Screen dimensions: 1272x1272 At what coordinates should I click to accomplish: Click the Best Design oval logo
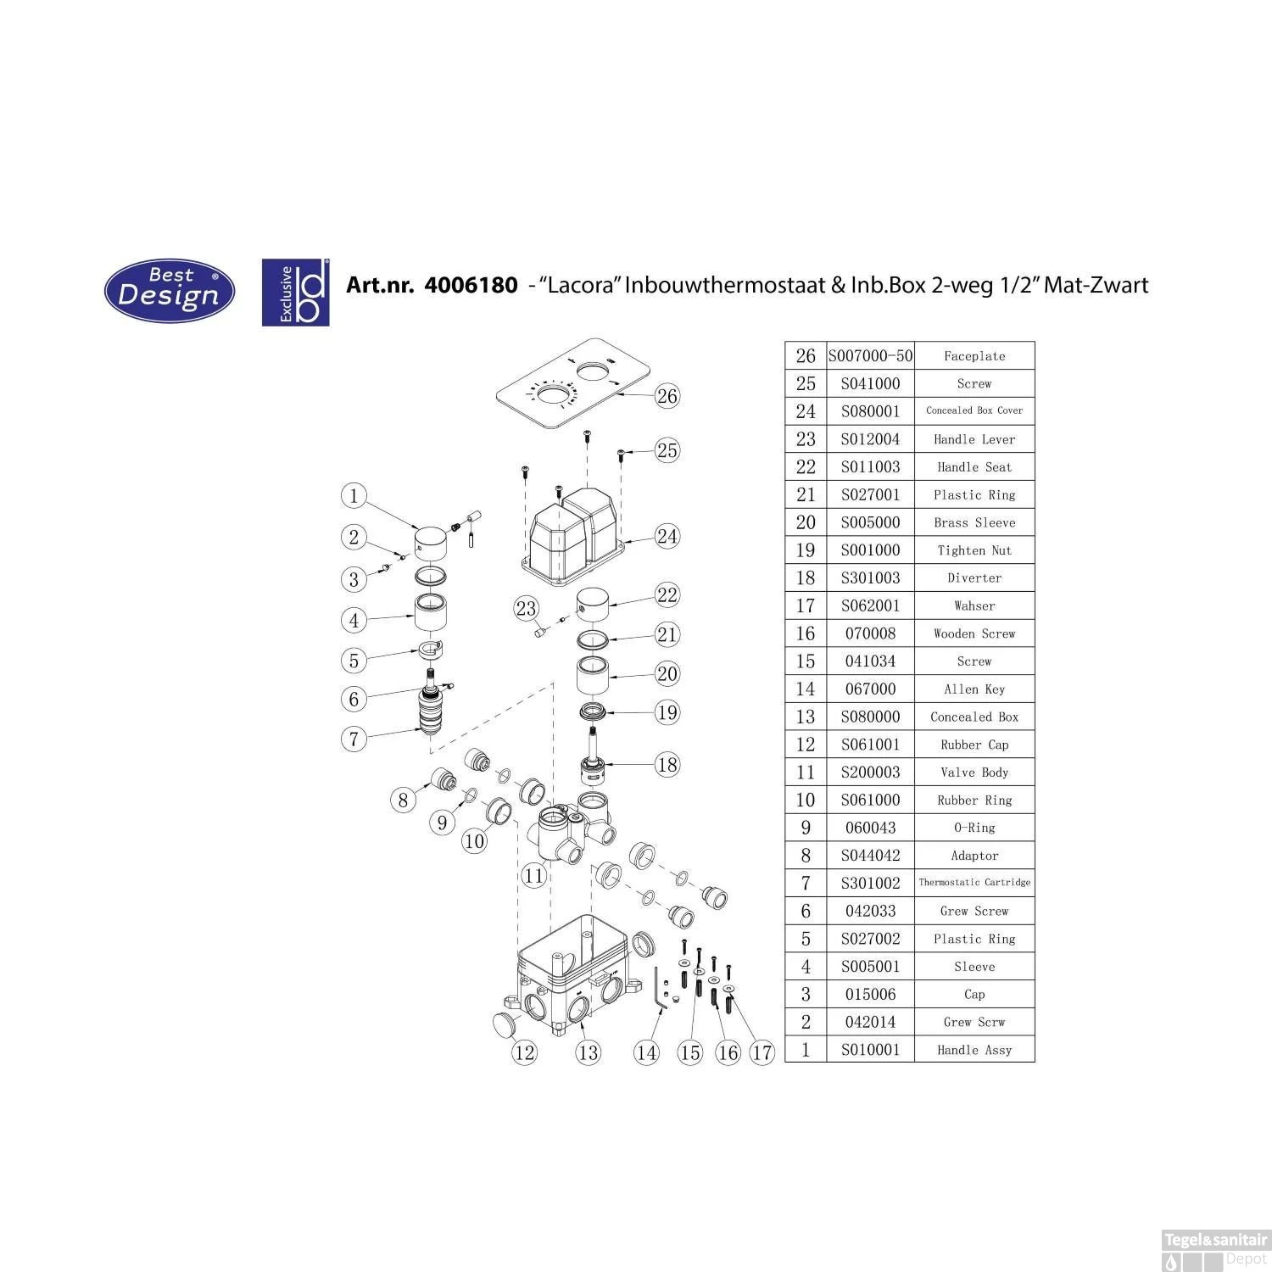(169, 291)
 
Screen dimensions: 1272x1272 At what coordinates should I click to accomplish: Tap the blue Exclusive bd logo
(295, 292)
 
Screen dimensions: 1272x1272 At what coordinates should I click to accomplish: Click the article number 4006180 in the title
(470, 285)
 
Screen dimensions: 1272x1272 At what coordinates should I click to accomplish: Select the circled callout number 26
(667, 396)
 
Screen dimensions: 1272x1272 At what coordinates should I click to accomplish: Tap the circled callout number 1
(354, 496)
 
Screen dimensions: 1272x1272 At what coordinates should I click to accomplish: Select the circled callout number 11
(533, 874)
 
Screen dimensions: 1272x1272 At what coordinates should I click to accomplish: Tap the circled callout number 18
(667, 765)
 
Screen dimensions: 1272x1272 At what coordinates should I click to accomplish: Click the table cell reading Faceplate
(974, 356)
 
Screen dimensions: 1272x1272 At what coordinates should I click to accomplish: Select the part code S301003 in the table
(870, 577)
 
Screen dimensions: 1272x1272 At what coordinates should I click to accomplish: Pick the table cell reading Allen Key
(974, 689)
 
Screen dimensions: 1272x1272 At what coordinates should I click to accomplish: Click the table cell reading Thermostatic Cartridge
(974, 883)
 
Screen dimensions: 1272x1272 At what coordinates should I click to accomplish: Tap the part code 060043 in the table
(870, 828)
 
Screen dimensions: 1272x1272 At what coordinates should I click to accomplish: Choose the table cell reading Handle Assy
(974, 1050)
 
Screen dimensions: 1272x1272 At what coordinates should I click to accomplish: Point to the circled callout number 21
(667, 634)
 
